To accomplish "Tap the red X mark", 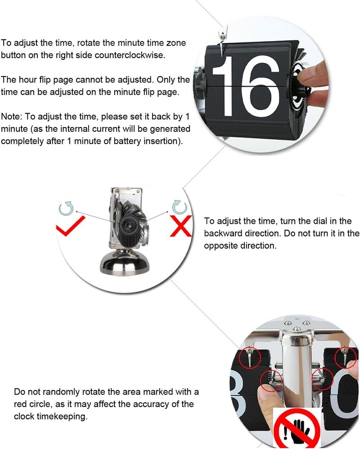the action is (x=181, y=226).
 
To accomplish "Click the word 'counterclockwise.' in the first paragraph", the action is (x=130, y=55).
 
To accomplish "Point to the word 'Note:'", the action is (x=11, y=117).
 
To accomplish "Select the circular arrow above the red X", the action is (x=180, y=207).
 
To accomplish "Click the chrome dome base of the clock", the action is (x=125, y=262).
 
